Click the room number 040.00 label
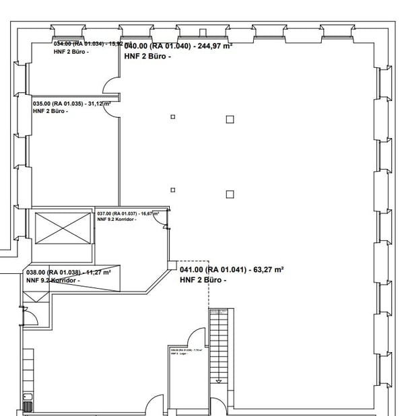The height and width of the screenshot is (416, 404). click(x=136, y=46)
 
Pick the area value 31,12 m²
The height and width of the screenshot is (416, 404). click(x=98, y=104)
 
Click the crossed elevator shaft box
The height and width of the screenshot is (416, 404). click(x=62, y=228)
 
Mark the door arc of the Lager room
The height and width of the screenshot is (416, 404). click(x=195, y=337)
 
